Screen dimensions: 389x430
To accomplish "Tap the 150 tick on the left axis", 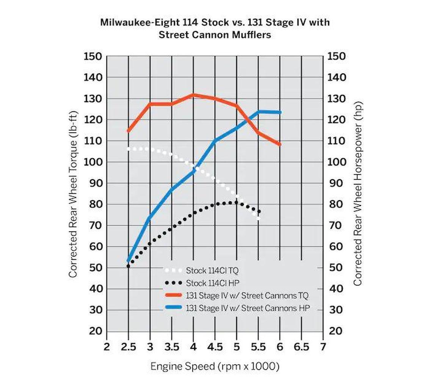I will [x=93, y=56].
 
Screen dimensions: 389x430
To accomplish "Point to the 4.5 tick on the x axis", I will [x=215, y=347].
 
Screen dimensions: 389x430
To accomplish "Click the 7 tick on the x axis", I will [x=323, y=347].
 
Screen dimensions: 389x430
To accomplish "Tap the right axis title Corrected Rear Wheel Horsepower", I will [x=358, y=194].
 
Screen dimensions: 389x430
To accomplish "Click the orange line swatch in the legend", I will [x=174, y=296].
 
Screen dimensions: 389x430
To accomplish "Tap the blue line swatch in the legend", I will [x=174, y=308].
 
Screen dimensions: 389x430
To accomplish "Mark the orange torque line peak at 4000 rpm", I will [x=193, y=95].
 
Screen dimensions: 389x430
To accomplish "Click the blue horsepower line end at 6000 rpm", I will [x=280, y=112].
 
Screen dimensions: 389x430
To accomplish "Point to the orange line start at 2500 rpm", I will [x=129, y=131].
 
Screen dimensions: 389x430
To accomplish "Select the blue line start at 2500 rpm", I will [x=129, y=261].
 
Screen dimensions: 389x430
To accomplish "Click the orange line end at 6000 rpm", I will [x=280, y=144].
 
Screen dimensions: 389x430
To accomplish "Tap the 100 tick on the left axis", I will [x=93, y=162].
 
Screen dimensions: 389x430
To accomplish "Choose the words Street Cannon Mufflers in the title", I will [x=215, y=35].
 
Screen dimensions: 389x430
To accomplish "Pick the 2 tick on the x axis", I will [x=107, y=347].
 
